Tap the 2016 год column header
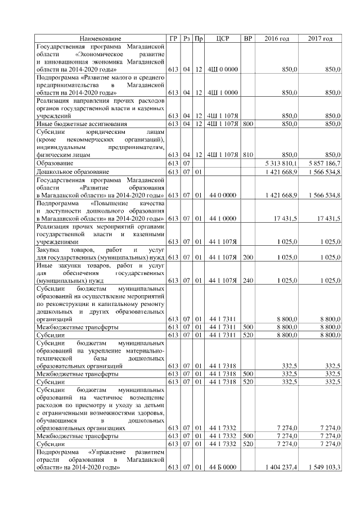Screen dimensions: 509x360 click(276, 38)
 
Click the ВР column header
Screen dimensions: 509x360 click(247, 38)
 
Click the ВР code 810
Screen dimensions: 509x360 click(247, 154)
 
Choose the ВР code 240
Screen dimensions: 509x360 click(247, 280)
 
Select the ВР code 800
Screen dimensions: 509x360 click(247, 123)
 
